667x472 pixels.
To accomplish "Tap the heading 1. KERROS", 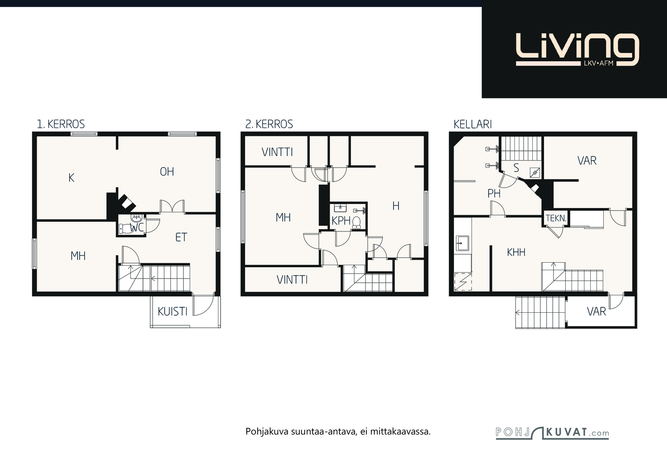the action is coord(61,124).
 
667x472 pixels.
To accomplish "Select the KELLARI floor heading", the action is coord(473,124).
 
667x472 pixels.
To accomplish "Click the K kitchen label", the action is coord(71,178).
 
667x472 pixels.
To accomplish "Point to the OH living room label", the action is coord(167,171).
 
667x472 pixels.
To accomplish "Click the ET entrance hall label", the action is coord(181,237).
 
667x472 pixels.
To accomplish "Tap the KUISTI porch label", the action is coord(173,311).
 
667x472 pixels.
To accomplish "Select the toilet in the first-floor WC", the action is coord(125,228).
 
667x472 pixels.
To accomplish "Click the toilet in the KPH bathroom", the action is coord(356,223).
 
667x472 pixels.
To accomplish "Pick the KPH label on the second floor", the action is coord(341,221).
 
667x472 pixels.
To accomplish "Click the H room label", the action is coord(396,206).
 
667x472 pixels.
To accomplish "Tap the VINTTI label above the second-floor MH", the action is coord(277,152).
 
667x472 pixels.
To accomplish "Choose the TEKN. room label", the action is coord(556,218).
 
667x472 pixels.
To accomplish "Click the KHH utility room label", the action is coord(516,252).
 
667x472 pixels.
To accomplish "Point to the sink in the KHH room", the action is coord(462,243).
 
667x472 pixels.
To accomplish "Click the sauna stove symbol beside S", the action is coord(535,173).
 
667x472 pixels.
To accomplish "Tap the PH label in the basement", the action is coord(494,194).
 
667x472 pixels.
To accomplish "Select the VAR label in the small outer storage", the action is coord(597,311).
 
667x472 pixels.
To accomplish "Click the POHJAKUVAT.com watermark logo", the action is coord(552,433).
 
